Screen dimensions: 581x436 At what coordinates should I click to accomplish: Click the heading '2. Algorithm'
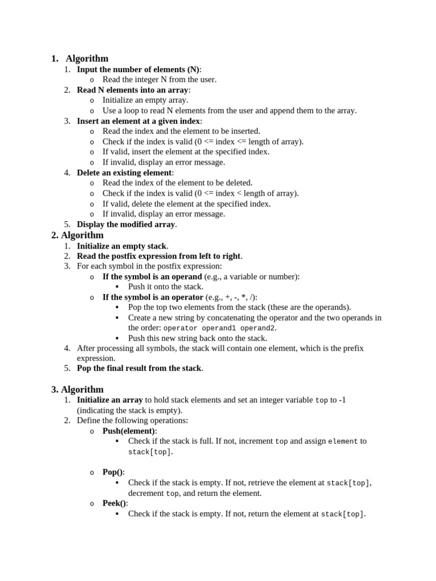pyautogui.click(x=77, y=235)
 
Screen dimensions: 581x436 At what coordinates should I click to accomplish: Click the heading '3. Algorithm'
pyautogui.click(x=77, y=389)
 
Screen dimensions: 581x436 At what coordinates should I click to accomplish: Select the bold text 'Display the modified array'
pyautogui.click(x=126, y=224)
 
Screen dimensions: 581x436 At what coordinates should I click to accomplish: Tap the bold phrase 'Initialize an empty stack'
pyautogui.click(x=121, y=246)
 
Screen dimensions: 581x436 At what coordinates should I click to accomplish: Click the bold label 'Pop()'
pyautogui.click(x=112, y=472)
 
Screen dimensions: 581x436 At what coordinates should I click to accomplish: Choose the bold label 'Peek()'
pyautogui.click(x=115, y=503)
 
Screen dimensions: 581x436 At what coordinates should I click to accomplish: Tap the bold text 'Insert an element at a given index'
pyautogui.click(x=139, y=121)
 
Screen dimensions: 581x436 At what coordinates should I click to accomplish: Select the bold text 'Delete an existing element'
pyautogui.click(x=124, y=172)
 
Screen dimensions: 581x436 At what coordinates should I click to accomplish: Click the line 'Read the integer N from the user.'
pyautogui.click(x=159, y=79)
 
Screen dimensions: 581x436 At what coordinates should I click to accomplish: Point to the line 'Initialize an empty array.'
pyautogui.click(x=145, y=100)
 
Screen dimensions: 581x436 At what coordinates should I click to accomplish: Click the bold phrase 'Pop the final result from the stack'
pyautogui.click(x=139, y=368)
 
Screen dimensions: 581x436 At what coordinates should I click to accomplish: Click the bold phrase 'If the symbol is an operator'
pyautogui.click(x=152, y=297)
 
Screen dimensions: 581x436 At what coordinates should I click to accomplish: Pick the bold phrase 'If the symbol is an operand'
pyautogui.click(x=152, y=276)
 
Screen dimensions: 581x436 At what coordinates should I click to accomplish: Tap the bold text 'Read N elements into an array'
pyautogui.click(x=132, y=90)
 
